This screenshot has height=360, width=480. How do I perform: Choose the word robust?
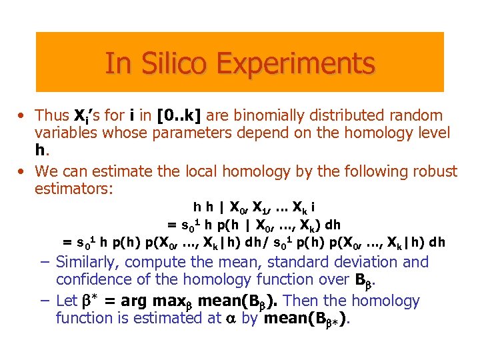coord(431,171)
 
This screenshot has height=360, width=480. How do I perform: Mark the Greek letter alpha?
coord(230,319)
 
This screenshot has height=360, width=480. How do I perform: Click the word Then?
coord(303,301)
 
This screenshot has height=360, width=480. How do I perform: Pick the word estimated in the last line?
coord(182,319)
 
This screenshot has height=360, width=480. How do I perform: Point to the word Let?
coord(67,301)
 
